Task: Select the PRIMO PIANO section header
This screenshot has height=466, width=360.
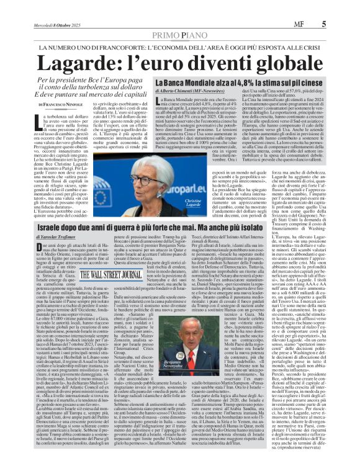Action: (x=179, y=37)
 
